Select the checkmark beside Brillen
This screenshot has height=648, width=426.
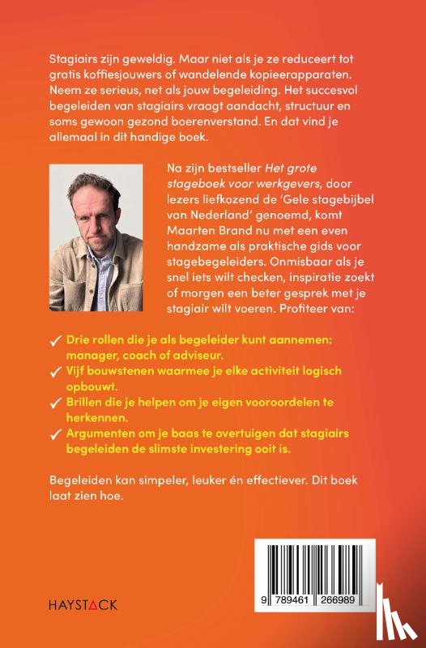pyautogui.click(x=56, y=403)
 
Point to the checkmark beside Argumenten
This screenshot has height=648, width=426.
pyautogui.click(x=56, y=434)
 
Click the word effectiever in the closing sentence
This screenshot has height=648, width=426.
pyautogui.click(x=279, y=480)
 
